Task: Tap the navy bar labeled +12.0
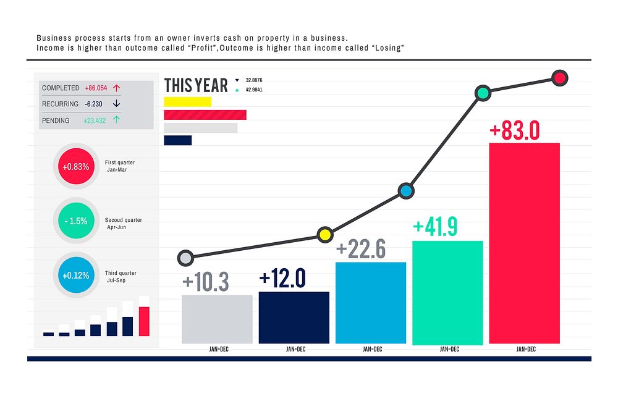[x=294, y=318]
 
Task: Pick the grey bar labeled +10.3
[x=217, y=319]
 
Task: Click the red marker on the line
[x=559, y=78]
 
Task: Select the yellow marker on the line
[x=324, y=234]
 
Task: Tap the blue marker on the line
[x=405, y=191]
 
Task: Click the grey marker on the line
[x=185, y=258]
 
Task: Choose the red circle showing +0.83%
[x=77, y=166]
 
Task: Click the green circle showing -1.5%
[x=77, y=221]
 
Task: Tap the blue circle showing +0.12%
[x=77, y=275]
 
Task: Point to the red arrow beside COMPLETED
[x=116, y=88]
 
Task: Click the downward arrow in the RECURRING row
[x=116, y=104]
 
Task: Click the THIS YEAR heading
[x=196, y=85]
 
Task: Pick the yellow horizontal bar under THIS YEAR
[x=188, y=102]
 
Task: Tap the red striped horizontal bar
[x=205, y=115]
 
